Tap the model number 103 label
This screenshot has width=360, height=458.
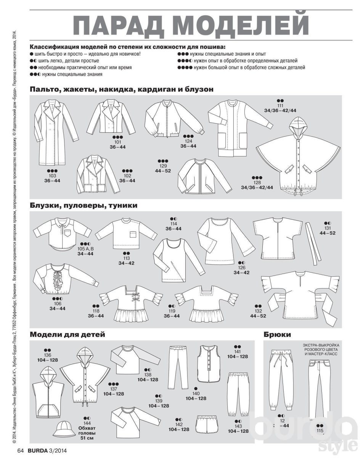click(53, 176)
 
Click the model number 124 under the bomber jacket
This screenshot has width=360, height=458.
click(188, 141)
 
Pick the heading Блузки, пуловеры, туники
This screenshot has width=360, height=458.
click(84, 205)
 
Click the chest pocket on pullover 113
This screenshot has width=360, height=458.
click(133, 235)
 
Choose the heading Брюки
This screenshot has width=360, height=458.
click(277, 335)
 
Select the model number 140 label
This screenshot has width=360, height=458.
click(196, 393)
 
